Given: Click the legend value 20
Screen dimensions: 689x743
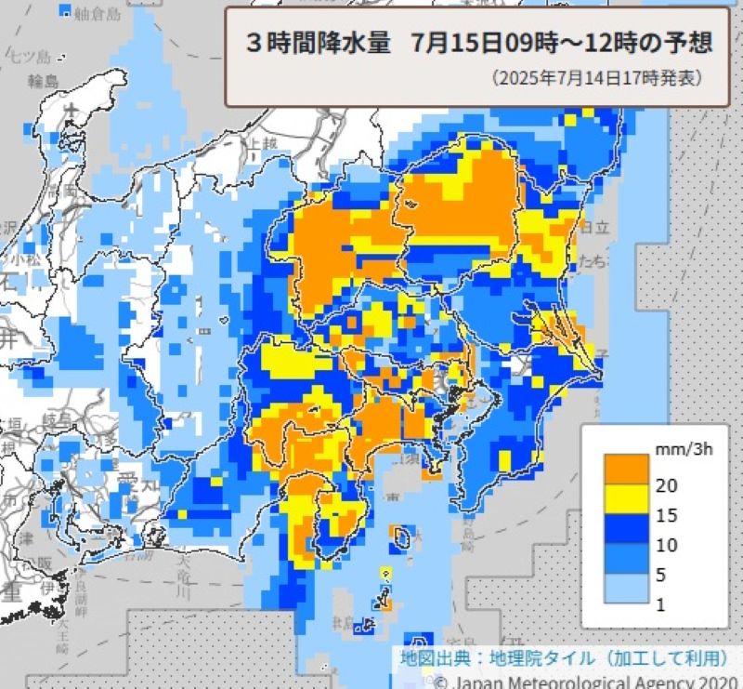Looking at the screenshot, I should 666,484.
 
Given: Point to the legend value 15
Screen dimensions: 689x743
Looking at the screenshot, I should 666,514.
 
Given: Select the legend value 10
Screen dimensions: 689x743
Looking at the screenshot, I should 666,545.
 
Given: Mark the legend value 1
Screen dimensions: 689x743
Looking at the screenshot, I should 660,604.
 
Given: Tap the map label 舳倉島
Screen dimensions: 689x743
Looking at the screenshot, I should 97,13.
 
